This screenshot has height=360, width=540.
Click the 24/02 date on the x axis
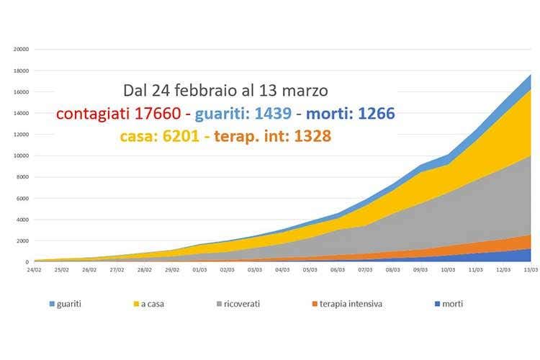pyautogui.click(x=34, y=270)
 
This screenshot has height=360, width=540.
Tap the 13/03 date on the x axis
pyautogui.click(x=531, y=270)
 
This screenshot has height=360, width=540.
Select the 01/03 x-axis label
pyautogui.click(x=199, y=270)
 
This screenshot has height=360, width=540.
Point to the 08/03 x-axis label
pyautogui.click(x=392, y=270)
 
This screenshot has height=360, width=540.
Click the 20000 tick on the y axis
pyautogui.click(x=21, y=50)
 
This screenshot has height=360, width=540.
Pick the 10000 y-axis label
pyautogui.click(x=21, y=156)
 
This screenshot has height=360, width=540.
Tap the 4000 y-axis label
pyautogui.click(x=22, y=220)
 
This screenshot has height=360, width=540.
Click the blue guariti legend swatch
pyautogui.click(x=53, y=304)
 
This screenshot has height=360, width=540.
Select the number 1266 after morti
pyautogui.click(x=374, y=113)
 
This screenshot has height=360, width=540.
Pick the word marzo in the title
pyautogui.click(x=305, y=91)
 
